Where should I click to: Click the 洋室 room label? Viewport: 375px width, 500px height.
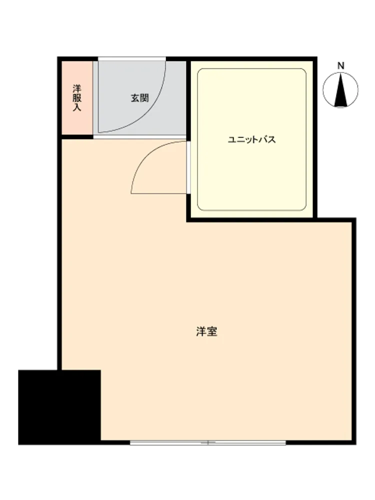pos(206,331)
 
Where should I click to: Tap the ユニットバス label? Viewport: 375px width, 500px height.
pos(251,139)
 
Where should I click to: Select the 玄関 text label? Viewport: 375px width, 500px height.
pos(140,98)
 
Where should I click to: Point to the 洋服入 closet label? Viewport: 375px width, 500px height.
pos(77,98)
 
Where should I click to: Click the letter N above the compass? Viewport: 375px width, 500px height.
pos(341,66)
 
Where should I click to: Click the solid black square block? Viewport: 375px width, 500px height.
pos(59,407)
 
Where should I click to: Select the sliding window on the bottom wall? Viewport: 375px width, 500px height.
pos(207,442)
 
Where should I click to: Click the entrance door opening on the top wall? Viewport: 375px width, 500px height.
pos(131,58)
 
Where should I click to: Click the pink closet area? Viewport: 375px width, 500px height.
pos(77,98)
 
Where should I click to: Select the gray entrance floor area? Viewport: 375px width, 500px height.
pos(139,98)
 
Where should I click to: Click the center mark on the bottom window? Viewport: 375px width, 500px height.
pos(207,442)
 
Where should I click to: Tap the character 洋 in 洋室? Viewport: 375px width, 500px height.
pos(201,331)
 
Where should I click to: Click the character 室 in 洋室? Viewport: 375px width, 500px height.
pos(212,331)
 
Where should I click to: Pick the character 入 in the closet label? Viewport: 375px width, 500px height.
pos(77,107)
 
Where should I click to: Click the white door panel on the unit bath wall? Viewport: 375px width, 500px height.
pos(188,167)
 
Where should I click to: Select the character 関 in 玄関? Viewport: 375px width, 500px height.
pos(145,98)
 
